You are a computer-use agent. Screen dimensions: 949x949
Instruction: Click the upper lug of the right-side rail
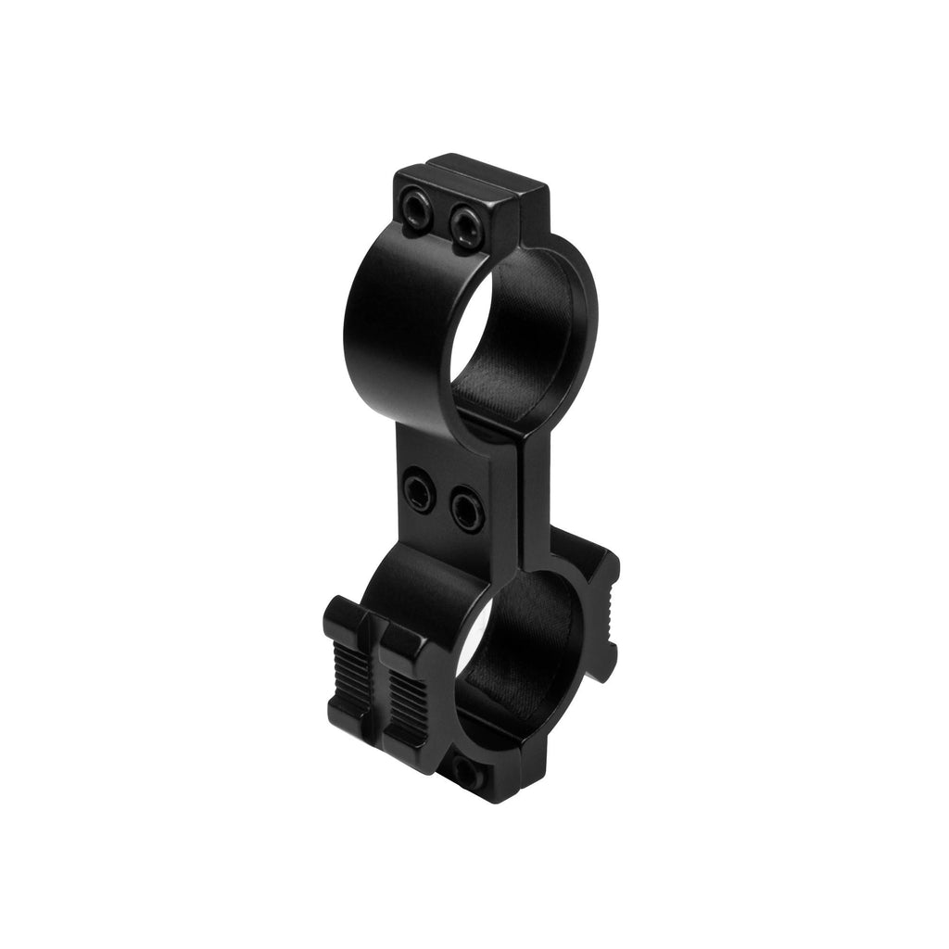click(x=601, y=564)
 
